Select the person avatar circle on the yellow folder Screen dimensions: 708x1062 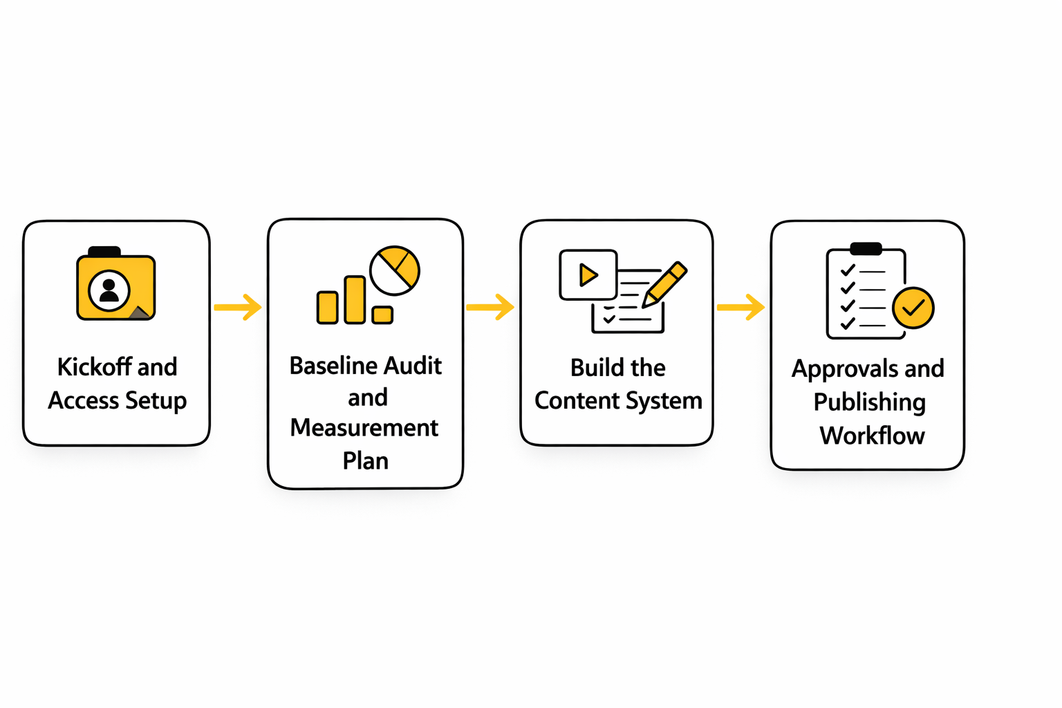(x=109, y=290)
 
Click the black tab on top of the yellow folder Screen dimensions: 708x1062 (x=104, y=252)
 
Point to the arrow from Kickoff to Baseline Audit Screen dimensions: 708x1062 (x=237, y=307)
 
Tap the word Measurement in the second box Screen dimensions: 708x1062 (x=364, y=428)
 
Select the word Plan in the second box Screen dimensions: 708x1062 (x=365, y=461)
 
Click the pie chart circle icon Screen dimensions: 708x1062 (x=395, y=270)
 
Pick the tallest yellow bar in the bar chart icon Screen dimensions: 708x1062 (x=355, y=299)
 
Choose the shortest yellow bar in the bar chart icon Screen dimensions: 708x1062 (x=382, y=315)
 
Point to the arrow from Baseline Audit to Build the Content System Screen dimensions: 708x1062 (x=490, y=307)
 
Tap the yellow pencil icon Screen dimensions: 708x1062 (x=665, y=283)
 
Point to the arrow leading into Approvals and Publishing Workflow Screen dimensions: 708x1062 (x=740, y=307)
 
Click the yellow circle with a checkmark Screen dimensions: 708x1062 (x=913, y=308)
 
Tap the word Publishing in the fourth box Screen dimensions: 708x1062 (x=869, y=402)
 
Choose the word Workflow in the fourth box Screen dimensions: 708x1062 (x=872, y=436)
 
